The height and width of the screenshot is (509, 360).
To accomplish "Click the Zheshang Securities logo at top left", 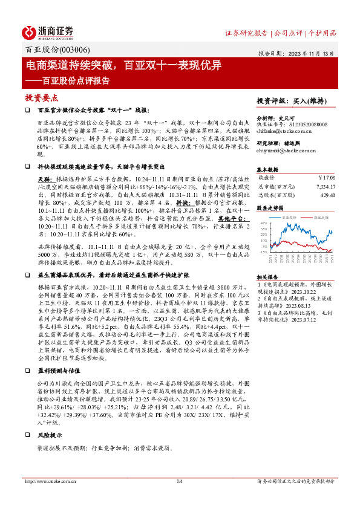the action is [48, 32].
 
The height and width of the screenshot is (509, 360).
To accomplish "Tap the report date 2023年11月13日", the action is [311, 53].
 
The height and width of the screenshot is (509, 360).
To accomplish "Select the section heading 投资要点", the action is [41, 97].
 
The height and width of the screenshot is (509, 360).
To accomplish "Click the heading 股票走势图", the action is [270, 207].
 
